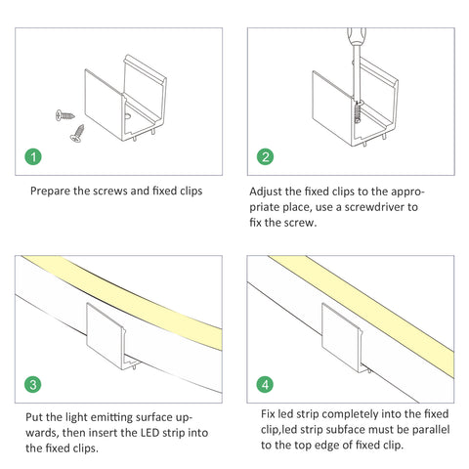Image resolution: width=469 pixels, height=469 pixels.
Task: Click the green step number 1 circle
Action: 33,157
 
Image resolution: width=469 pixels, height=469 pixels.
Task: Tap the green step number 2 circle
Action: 265,157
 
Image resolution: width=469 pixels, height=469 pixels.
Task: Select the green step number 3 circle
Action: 33,385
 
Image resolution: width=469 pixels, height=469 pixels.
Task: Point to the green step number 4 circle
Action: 265,385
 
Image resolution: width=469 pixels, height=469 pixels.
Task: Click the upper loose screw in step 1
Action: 64,115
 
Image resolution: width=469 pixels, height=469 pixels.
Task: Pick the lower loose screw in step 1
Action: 77,134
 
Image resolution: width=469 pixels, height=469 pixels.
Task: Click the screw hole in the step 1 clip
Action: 128,115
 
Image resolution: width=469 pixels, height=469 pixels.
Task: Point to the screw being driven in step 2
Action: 358,112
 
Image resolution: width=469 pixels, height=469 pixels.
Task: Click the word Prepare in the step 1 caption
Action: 50,192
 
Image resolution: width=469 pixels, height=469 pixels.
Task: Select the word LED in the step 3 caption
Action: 150,433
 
